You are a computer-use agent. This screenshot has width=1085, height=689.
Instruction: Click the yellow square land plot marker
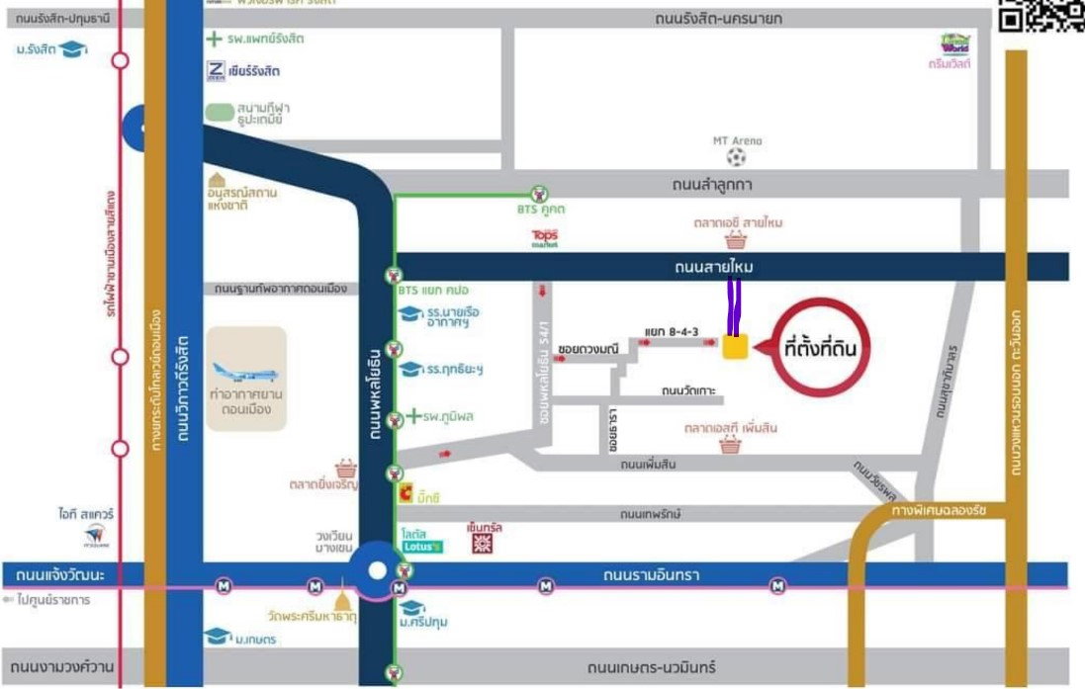point(735,347)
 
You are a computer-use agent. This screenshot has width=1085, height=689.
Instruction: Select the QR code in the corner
point(1040,15)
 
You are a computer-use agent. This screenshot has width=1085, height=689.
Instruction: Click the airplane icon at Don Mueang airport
point(245,374)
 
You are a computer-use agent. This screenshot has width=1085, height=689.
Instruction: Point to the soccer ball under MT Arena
point(736,157)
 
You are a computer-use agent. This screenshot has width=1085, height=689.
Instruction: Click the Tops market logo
point(545,238)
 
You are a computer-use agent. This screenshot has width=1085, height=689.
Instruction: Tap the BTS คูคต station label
point(540,210)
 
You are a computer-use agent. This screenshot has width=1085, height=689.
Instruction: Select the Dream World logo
point(955,44)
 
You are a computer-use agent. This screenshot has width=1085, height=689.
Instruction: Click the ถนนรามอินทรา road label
point(653,574)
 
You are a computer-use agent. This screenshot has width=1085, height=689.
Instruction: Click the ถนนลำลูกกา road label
point(712,184)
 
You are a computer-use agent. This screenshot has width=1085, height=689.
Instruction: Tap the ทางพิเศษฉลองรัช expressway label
point(940,510)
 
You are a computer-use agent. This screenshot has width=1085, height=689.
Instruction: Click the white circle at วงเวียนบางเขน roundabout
point(377,570)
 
